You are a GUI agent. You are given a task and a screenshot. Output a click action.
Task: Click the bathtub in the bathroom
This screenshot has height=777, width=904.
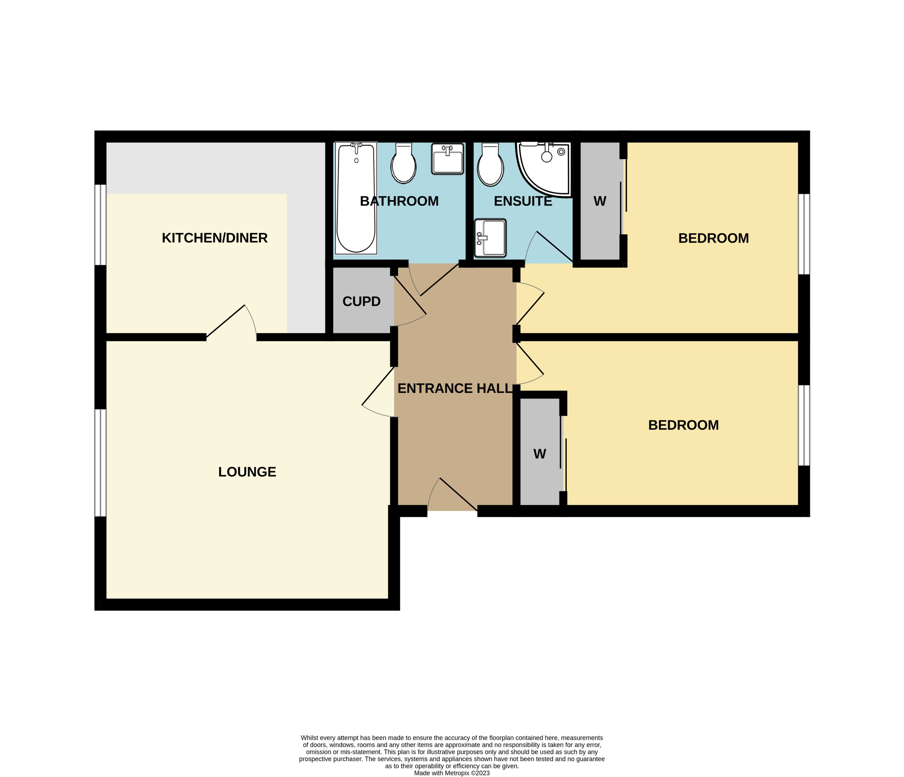[x=356, y=199]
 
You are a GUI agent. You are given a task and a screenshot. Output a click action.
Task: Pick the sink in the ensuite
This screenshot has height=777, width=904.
[x=490, y=238]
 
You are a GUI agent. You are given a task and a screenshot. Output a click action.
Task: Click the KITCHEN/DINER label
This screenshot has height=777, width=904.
[x=215, y=238]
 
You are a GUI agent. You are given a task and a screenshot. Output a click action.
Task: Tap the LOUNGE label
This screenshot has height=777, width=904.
[x=247, y=472]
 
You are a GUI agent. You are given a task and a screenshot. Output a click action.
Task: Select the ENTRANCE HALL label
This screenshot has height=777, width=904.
[x=455, y=388]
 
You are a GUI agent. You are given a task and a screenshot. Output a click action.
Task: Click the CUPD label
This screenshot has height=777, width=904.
[x=361, y=301]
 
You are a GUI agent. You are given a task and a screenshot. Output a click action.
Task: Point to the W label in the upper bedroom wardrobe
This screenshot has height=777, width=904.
[x=600, y=201]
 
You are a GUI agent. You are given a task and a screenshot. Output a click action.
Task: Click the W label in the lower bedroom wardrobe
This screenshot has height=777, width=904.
[x=540, y=454]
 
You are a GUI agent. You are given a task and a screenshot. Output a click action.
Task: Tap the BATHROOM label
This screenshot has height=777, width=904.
[x=399, y=201]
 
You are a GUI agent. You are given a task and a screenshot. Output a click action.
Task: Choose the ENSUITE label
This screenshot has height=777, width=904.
[x=523, y=201]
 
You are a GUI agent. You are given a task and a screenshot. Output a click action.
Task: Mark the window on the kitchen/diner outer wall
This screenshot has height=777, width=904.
[x=100, y=225]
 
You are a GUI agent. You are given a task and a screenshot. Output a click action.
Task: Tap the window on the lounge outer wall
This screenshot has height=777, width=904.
[x=100, y=463]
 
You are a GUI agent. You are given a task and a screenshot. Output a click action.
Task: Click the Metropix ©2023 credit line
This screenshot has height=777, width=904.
[x=452, y=773]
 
